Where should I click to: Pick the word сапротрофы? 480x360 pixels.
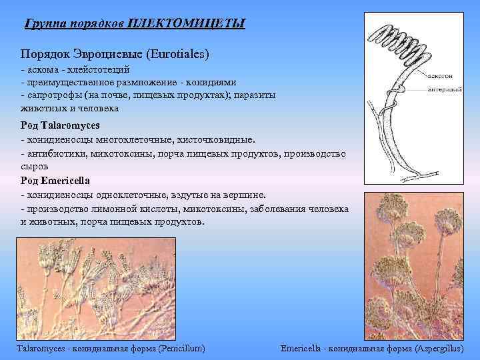[x=54, y=95]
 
